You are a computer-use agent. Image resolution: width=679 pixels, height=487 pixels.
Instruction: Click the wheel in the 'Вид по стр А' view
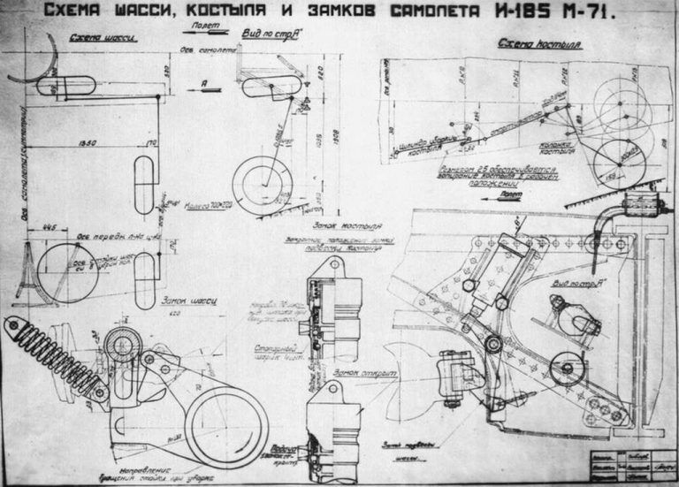click(x=259, y=183)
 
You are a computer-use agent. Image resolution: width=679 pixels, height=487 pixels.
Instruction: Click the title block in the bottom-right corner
click(x=632, y=463)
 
